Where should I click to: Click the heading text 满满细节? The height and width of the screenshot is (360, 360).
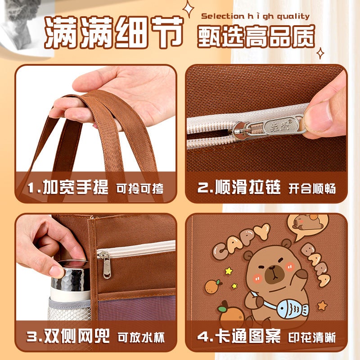114,32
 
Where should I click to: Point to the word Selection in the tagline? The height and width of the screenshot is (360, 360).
222,16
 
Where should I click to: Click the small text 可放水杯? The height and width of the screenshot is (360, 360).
141,337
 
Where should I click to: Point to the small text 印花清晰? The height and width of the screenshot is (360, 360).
312,337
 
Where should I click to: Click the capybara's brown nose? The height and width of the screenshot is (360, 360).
273,268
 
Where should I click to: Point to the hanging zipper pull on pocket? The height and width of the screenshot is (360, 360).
106,265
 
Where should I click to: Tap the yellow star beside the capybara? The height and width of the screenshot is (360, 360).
229,271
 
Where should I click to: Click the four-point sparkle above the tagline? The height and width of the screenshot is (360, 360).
188,9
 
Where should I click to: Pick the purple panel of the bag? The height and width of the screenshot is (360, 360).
136,308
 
